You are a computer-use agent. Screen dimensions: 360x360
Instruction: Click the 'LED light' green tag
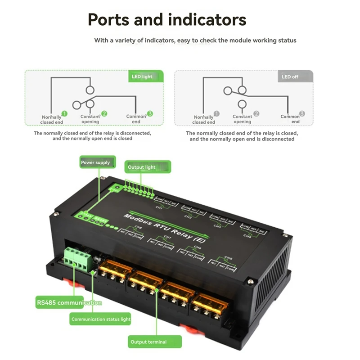tap(142, 76)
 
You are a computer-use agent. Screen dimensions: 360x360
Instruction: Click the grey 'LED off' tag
tap(290, 76)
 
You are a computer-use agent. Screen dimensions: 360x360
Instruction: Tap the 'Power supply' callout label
tap(95, 162)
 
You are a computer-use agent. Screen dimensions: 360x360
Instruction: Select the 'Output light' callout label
tap(142, 167)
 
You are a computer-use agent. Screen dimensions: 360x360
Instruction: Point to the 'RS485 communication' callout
tap(69, 303)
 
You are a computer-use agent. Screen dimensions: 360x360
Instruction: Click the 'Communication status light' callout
tap(101, 319)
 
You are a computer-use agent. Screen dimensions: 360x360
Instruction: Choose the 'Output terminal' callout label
tap(148, 342)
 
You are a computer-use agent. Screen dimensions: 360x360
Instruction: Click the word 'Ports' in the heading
tap(111, 20)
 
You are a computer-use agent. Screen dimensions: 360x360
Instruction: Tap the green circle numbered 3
tap(150, 114)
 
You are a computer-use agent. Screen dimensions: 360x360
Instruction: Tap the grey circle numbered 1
tap(216, 114)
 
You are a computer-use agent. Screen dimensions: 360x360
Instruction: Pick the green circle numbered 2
tap(104, 114)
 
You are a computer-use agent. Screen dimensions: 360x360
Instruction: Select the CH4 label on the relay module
tap(247, 235)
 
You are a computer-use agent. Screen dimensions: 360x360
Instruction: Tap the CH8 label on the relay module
tap(138, 228)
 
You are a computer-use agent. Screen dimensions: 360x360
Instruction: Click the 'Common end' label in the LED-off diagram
tap(290, 119)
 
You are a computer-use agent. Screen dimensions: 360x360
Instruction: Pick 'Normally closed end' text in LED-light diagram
tap(52, 120)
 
